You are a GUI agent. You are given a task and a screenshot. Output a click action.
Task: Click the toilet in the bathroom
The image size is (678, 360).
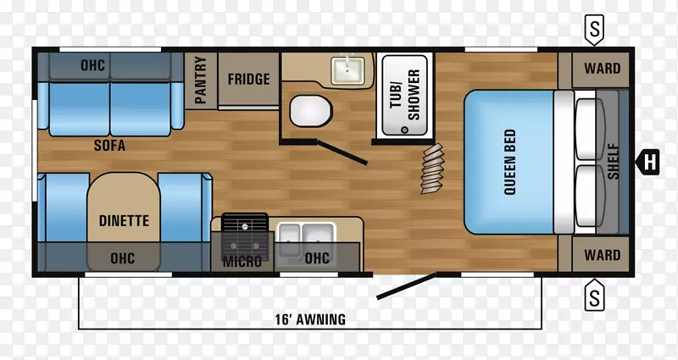311,111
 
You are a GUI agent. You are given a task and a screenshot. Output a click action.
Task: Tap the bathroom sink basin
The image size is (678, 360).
347,70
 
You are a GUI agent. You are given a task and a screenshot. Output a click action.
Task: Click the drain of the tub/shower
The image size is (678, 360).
404,130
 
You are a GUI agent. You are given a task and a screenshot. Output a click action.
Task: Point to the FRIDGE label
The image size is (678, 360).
248,79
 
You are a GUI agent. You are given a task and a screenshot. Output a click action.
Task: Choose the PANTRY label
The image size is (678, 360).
201,80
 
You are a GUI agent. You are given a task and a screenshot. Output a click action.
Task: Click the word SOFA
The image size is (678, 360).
110,145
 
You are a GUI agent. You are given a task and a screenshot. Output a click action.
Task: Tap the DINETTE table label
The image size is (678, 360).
124,221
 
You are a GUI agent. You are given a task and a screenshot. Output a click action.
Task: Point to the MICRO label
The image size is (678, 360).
242,262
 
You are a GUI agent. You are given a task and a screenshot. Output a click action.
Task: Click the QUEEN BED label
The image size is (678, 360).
510,162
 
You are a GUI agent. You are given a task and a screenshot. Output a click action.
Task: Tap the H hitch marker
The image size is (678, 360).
647,162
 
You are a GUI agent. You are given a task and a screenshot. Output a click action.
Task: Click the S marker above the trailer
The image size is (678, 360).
595,30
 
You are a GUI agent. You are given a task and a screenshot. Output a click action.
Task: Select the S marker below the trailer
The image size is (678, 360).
595,295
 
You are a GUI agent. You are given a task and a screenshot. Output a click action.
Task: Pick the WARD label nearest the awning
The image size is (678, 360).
603,255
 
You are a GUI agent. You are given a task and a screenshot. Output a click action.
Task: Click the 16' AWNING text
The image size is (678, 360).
310,319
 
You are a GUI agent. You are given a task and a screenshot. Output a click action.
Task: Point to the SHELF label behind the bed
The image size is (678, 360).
613,162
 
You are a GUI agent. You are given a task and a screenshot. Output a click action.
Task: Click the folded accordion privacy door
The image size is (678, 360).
433,169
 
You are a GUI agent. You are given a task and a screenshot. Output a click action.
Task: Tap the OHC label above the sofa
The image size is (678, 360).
93,65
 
